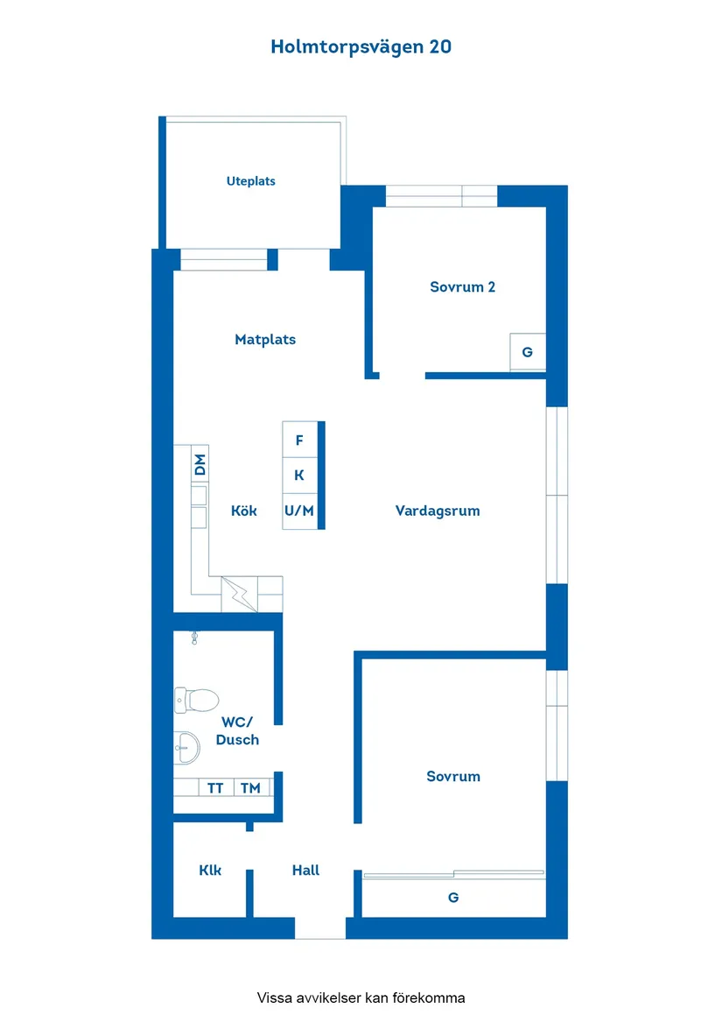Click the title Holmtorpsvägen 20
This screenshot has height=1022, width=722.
click(x=361, y=47)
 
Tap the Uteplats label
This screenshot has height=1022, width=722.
click(x=251, y=181)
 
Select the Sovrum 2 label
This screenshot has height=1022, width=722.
click(x=462, y=286)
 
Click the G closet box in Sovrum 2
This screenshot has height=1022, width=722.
click(x=527, y=352)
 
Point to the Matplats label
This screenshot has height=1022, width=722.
click(x=265, y=339)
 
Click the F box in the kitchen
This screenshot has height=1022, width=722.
click(x=299, y=441)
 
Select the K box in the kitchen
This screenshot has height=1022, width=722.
click(x=299, y=476)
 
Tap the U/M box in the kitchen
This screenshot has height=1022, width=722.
click(x=299, y=511)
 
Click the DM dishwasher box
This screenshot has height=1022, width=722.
click(x=200, y=464)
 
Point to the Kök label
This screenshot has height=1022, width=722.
click(x=244, y=511)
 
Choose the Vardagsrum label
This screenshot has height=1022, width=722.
click(x=438, y=511)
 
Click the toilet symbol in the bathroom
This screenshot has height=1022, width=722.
click(x=196, y=700)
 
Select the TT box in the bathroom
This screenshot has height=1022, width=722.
click(x=215, y=788)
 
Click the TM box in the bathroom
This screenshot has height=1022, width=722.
click(x=250, y=788)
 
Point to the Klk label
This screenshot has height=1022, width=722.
click(x=210, y=870)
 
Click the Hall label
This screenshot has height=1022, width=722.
click(x=305, y=870)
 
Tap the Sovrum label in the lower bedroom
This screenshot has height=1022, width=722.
click(x=453, y=776)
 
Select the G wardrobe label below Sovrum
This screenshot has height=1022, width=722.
click(x=453, y=897)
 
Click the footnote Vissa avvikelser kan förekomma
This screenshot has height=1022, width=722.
click(x=361, y=997)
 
